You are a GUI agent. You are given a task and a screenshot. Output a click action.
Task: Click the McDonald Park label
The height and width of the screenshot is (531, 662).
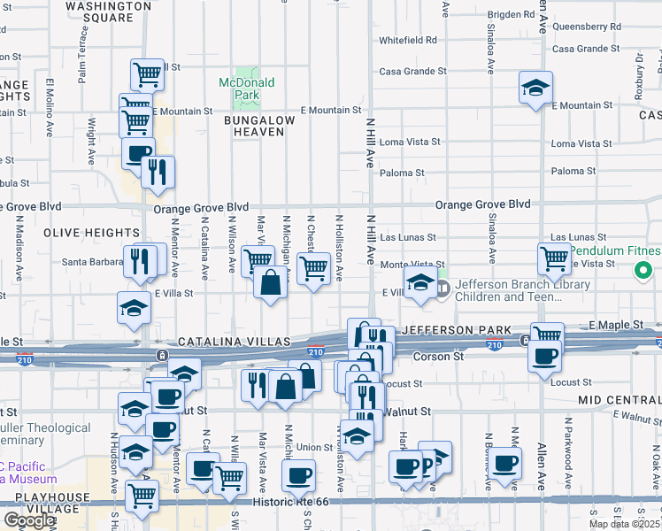coord(246,88)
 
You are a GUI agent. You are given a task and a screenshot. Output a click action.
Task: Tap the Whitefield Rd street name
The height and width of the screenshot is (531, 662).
coord(408,41)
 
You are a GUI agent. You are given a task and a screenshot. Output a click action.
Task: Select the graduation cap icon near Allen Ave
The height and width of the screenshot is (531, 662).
coord(535,88)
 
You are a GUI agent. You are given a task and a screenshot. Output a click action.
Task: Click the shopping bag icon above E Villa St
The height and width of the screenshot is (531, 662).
coord(271,283)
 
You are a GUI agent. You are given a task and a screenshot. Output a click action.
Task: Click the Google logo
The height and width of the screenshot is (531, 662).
coord(28,520)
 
